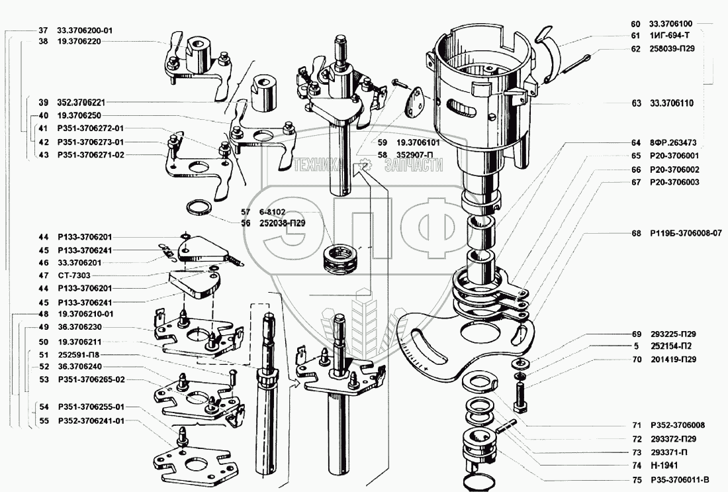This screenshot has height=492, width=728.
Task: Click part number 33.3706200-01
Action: [x=85, y=30]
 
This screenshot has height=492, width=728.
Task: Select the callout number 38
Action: [x=43, y=41]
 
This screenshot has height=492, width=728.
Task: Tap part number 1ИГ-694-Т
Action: [x=669, y=36]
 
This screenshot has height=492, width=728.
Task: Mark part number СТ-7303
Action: [x=74, y=275]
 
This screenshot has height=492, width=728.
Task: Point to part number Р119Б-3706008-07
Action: [x=685, y=233]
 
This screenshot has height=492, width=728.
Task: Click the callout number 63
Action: [x=636, y=103]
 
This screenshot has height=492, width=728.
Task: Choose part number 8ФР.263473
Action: [x=673, y=143]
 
